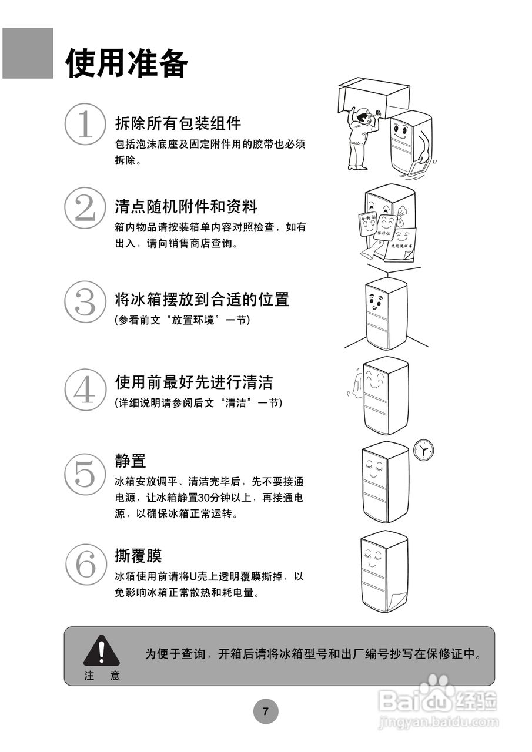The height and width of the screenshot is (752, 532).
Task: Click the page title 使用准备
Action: tap(126, 63)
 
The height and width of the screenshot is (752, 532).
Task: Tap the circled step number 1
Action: tap(85, 124)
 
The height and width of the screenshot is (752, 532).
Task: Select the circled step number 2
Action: tap(85, 209)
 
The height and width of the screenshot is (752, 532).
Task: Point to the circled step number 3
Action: tap(85, 301)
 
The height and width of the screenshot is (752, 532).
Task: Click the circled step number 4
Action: tap(85, 390)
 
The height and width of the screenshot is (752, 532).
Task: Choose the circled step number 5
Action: tap(85, 474)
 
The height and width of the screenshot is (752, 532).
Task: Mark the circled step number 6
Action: tap(85, 563)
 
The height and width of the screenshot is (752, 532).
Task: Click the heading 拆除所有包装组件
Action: tap(178, 123)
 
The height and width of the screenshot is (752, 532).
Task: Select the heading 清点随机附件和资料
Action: tap(186, 206)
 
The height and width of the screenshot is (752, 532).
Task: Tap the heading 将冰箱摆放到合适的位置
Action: tap(202, 299)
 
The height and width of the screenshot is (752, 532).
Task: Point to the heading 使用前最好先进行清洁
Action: tap(194, 382)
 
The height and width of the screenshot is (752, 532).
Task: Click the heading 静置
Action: tap(131, 460)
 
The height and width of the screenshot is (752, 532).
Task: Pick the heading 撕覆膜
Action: tap(138, 555)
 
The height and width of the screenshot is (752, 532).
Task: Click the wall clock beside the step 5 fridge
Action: tap(423, 450)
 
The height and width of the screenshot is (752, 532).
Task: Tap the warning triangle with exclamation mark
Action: tap(101, 650)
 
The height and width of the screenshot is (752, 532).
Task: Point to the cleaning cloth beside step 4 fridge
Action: tap(354, 385)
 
